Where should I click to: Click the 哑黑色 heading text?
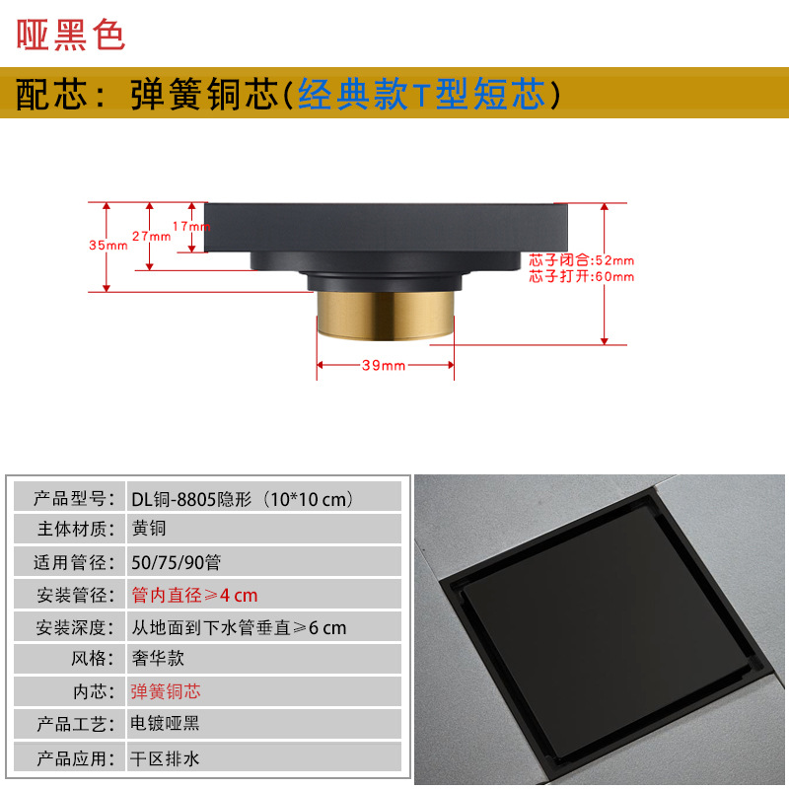click(x=71, y=33)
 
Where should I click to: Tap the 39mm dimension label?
click(x=384, y=365)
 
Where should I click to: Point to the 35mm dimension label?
click(x=108, y=246)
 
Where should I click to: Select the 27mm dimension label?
click(x=151, y=237)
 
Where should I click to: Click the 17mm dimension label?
click(x=190, y=226)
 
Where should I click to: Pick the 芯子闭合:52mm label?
click(x=581, y=260)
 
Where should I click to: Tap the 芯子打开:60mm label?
click(x=581, y=276)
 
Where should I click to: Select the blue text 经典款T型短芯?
click(x=421, y=95)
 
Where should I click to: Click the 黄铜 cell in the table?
click(x=150, y=530)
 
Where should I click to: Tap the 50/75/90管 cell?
click(x=175, y=562)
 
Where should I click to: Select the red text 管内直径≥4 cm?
click(x=194, y=595)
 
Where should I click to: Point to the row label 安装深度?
click(x=67, y=627)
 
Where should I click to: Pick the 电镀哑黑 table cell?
click(x=166, y=724)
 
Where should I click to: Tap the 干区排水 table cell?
click(x=166, y=756)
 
